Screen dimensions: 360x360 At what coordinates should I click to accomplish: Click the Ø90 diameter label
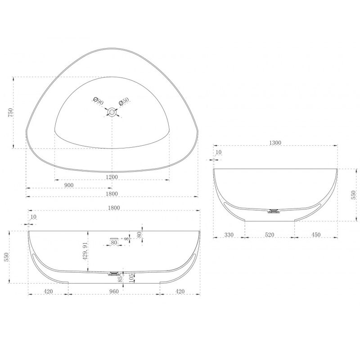pyautogui.click(x=99, y=101)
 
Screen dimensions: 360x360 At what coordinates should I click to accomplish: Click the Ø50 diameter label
pyautogui.click(x=124, y=101)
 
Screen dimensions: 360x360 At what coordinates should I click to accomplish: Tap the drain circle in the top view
pyautogui.click(x=112, y=112)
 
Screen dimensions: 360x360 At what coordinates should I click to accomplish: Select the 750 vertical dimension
pyautogui.click(x=11, y=112)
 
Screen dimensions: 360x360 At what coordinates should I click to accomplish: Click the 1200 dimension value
pyautogui.click(x=112, y=177)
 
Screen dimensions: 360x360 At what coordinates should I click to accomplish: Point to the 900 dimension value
pyautogui.click(x=69, y=185)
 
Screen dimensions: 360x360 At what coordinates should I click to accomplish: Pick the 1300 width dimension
pyautogui.click(x=275, y=143)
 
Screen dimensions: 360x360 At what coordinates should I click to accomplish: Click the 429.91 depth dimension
pyautogui.click(x=85, y=251)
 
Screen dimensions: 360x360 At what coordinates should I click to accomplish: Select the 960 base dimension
pyautogui.click(x=114, y=291)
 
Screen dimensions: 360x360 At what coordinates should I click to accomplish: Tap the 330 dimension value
pyautogui.click(x=229, y=234)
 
